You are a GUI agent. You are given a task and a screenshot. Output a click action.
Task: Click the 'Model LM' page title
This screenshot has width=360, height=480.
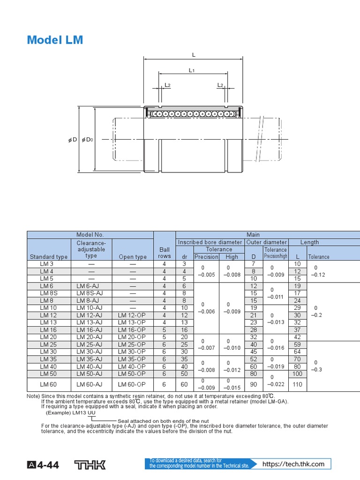(x=54, y=40)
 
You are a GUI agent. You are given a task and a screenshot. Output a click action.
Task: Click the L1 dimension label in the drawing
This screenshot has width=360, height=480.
(x=192, y=70)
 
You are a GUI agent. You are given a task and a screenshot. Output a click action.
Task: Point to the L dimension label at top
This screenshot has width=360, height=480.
(x=193, y=55)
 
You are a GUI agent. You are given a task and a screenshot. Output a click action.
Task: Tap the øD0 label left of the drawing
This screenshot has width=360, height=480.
(x=88, y=140)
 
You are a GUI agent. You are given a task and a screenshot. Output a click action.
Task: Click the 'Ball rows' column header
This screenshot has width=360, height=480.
(x=164, y=253)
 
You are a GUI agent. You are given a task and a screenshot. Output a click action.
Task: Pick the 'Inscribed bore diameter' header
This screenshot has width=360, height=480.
(x=210, y=242)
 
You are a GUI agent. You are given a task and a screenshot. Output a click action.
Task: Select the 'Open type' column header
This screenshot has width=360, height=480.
(x=133, y=257)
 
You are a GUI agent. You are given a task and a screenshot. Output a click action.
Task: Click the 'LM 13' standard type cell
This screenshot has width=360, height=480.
(x=47, y=322)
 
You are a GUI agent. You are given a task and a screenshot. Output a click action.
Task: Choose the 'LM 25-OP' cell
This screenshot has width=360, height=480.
(x=132, y=345)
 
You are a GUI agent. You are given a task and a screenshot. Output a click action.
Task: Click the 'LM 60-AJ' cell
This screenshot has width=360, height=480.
(x=89, y=384)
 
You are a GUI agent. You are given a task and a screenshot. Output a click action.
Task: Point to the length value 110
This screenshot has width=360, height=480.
(x=297, y=384)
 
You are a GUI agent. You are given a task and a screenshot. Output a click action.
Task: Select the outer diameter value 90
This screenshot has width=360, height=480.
(x=254, y=384)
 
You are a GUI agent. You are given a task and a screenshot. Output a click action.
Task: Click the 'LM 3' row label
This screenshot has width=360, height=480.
(x=47, y=264)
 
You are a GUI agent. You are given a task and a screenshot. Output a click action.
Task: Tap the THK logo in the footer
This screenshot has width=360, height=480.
(x=90, y=465)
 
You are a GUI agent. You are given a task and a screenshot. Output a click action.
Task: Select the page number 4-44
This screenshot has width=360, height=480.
(x=49, y=465)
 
